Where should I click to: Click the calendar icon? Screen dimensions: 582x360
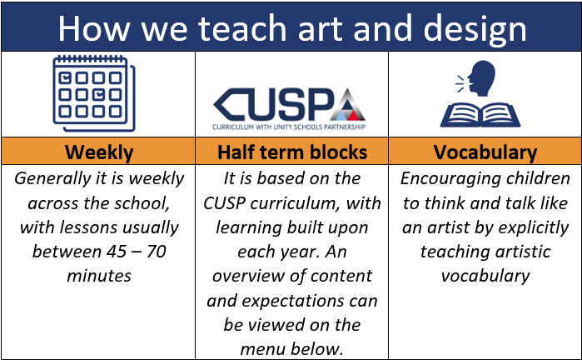94,93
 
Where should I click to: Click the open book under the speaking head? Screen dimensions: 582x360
480,116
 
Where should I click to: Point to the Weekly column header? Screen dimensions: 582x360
99,152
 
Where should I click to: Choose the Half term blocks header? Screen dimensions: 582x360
292,152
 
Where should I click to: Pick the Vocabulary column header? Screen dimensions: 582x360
485,152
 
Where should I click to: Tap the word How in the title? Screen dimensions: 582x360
94,28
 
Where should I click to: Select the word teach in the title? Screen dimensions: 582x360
242,28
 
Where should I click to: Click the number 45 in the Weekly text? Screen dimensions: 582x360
117,252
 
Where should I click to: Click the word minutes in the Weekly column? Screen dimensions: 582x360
99,276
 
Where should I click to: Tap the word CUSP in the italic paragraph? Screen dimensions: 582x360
224,203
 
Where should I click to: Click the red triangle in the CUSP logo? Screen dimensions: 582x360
353,116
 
